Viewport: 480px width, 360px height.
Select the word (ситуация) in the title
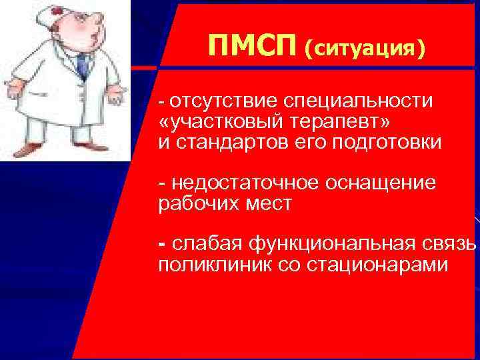(x=364, y=48)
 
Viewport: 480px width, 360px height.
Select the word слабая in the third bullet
(x=203, y=244)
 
